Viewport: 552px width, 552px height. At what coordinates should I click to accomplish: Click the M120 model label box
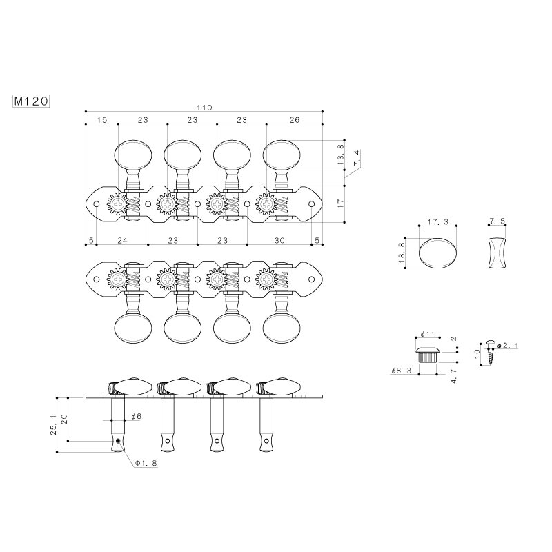point(31,101)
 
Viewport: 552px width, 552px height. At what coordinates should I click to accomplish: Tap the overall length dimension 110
point(204,108)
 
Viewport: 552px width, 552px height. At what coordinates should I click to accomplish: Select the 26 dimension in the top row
point(295,119)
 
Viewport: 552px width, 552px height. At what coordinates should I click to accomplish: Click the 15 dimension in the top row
point(101,119)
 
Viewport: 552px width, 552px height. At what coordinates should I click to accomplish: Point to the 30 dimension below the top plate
point(279,240)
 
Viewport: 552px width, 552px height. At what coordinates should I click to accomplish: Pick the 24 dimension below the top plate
point(122,240)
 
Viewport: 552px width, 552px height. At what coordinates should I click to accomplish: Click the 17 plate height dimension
point(340,204)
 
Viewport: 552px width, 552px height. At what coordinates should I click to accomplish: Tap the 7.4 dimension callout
point(357,158)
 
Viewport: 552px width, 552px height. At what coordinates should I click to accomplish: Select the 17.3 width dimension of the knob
point(438,221)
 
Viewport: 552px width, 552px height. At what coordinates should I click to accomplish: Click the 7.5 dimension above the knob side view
point(497,221)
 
